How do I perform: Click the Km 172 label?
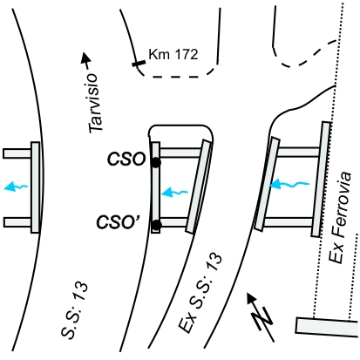tap(173, 54)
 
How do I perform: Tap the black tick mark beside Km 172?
tap(139, 64)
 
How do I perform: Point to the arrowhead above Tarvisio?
tap(85, 58)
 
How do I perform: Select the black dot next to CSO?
tap(156, 162)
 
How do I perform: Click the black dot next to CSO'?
tap(157, 225)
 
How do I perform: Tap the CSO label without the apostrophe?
tap(126, 160)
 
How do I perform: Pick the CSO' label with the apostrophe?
tap(119, 222)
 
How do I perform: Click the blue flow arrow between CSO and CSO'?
tap(174, 193)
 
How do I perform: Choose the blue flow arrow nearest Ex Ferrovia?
tap(289, 184)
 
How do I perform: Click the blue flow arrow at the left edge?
tap(16, 187)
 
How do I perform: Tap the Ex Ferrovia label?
tap(339, 218)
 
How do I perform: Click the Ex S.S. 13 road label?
tap(200, 294)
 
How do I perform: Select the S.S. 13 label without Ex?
tap(74, 309)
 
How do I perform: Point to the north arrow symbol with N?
tap(261, 317)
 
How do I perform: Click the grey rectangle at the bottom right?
tap(327, 327)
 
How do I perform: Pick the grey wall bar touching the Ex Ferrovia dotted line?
tap(321, 179)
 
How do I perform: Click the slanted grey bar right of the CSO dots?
tap(199, 187)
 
